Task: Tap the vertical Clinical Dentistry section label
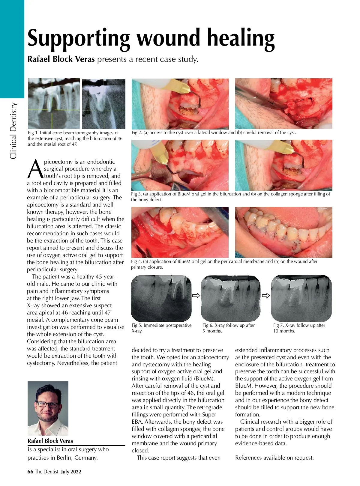tap(13, 131)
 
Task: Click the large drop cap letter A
tap(35, 169)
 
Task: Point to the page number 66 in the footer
tap(30, 472)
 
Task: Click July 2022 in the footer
tap(71, 472)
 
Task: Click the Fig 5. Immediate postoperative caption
tap(161, 325)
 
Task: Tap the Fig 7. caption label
tap(278, 325)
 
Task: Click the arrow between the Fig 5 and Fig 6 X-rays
tap(196, 296)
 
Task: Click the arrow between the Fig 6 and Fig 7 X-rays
tap(266, 296)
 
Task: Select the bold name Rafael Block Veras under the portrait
tap(50, 441)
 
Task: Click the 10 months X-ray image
tap(301, 298)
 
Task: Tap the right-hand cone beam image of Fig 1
tap(103, 104)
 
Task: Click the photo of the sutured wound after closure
tap(283, 232)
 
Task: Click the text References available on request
tap(274, 458)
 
